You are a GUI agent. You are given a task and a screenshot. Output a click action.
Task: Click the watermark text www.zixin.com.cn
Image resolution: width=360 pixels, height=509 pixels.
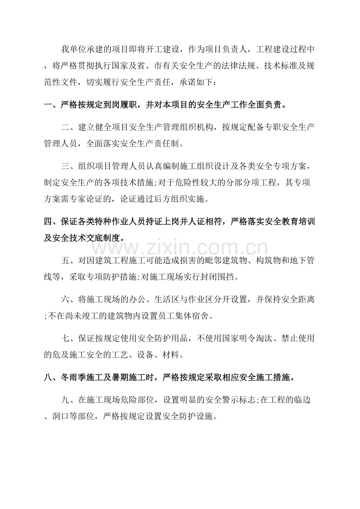tap(180, 248)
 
